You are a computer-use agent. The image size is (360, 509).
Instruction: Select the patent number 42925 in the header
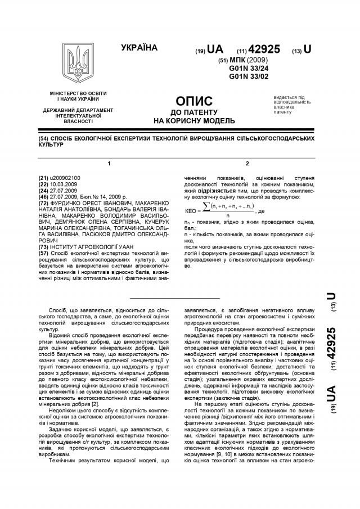264,49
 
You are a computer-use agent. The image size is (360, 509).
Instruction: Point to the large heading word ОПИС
194,101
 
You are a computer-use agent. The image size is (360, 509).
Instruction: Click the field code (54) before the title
44,138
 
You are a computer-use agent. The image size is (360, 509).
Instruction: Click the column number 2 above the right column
247,163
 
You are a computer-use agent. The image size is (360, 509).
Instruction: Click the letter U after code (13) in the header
308,49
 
